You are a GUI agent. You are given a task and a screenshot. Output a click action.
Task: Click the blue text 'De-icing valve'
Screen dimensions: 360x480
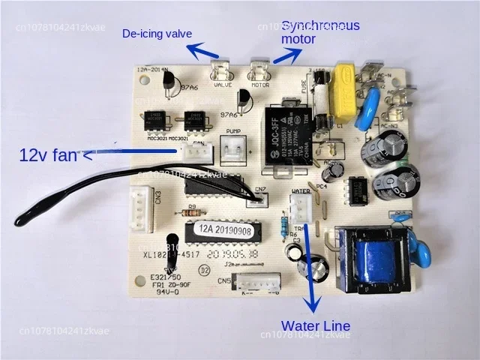pos(157,34)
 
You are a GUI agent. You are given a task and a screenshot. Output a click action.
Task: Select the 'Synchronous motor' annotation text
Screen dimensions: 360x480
pos(320,31)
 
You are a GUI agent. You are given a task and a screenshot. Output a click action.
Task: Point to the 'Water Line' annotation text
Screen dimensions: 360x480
pos(315,325)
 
